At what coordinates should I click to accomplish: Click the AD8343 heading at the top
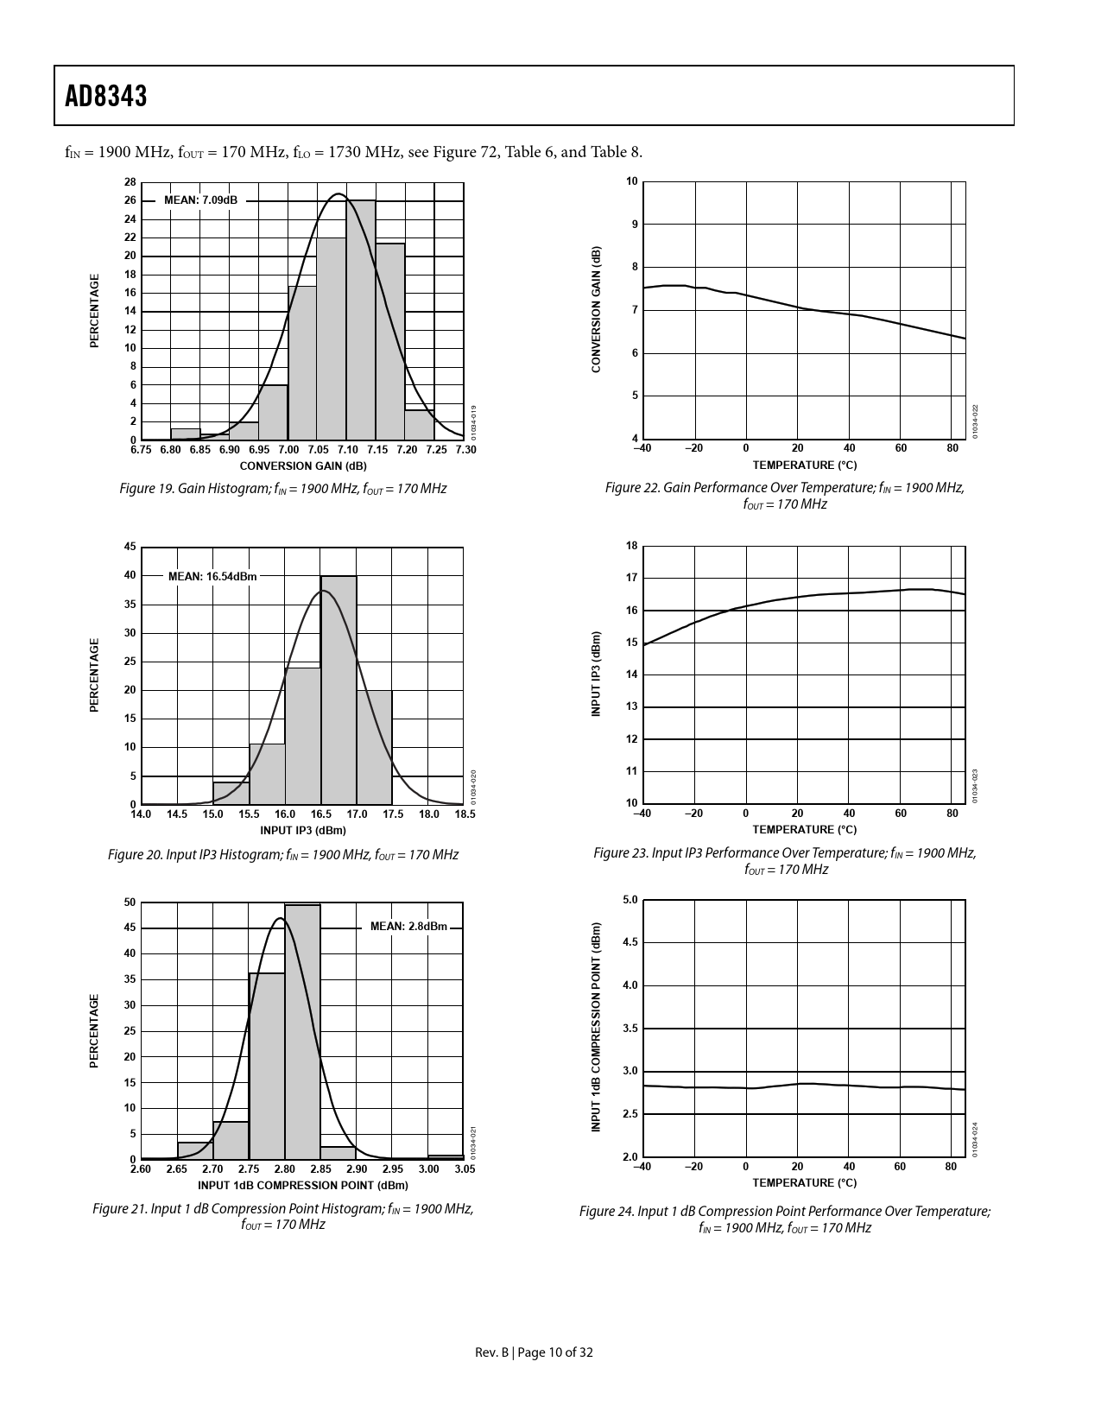point(106,96)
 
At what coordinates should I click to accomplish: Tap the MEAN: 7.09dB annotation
point(200,200)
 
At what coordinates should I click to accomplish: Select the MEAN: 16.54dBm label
point(212,576)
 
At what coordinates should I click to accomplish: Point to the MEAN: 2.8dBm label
point(408,927)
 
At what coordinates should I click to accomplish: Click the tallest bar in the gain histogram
point(361,320)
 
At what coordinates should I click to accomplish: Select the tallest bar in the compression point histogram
point(302,1032)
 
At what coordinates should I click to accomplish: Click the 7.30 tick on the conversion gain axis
point(465,450)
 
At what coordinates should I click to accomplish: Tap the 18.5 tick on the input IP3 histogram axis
point(465,814)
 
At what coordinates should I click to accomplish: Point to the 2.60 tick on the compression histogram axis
point(141,1169)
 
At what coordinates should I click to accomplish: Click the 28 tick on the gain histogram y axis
point(130,182)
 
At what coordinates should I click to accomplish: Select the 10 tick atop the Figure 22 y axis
point(632,181)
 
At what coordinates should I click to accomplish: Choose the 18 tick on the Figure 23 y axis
point(632,546)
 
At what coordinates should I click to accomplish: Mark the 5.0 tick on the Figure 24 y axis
point(630,900)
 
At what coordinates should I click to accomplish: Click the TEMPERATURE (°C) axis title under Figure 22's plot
point(804,465)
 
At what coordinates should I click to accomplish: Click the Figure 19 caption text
point(282,489)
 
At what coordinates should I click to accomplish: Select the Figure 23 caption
point(784,861)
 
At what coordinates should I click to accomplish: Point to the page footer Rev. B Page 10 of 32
point(535,1352)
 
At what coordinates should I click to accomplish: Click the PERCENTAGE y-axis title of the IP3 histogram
point(94,675)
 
